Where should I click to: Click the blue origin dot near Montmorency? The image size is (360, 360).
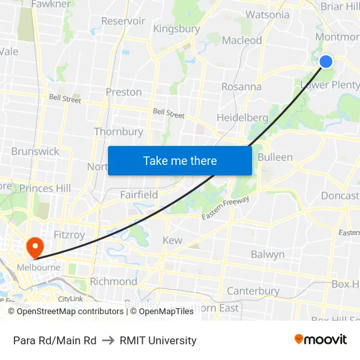(325, 62)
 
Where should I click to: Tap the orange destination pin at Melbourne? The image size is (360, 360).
(34, 247)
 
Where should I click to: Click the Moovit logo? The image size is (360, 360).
(321, 340)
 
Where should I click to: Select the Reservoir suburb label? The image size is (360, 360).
(123, 21)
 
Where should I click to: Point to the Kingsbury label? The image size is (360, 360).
(176, 29)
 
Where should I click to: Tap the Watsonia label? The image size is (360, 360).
(267, 14)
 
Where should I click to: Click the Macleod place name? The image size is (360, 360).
(242, 41)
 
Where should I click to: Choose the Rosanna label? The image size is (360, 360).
(241, 86)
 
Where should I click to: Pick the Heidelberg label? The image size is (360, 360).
(242, 118)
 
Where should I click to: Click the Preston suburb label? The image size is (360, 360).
(124, 92)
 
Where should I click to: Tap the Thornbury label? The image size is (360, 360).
(118, 132)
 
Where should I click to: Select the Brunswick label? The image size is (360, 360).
(35, 151)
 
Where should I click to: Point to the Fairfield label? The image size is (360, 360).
(139, 194)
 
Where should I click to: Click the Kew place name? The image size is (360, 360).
(172, 240)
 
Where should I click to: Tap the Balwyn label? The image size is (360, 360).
(268, 254)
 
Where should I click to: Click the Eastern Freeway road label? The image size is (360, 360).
(226, 207)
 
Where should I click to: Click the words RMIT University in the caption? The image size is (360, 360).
(158, 340)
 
